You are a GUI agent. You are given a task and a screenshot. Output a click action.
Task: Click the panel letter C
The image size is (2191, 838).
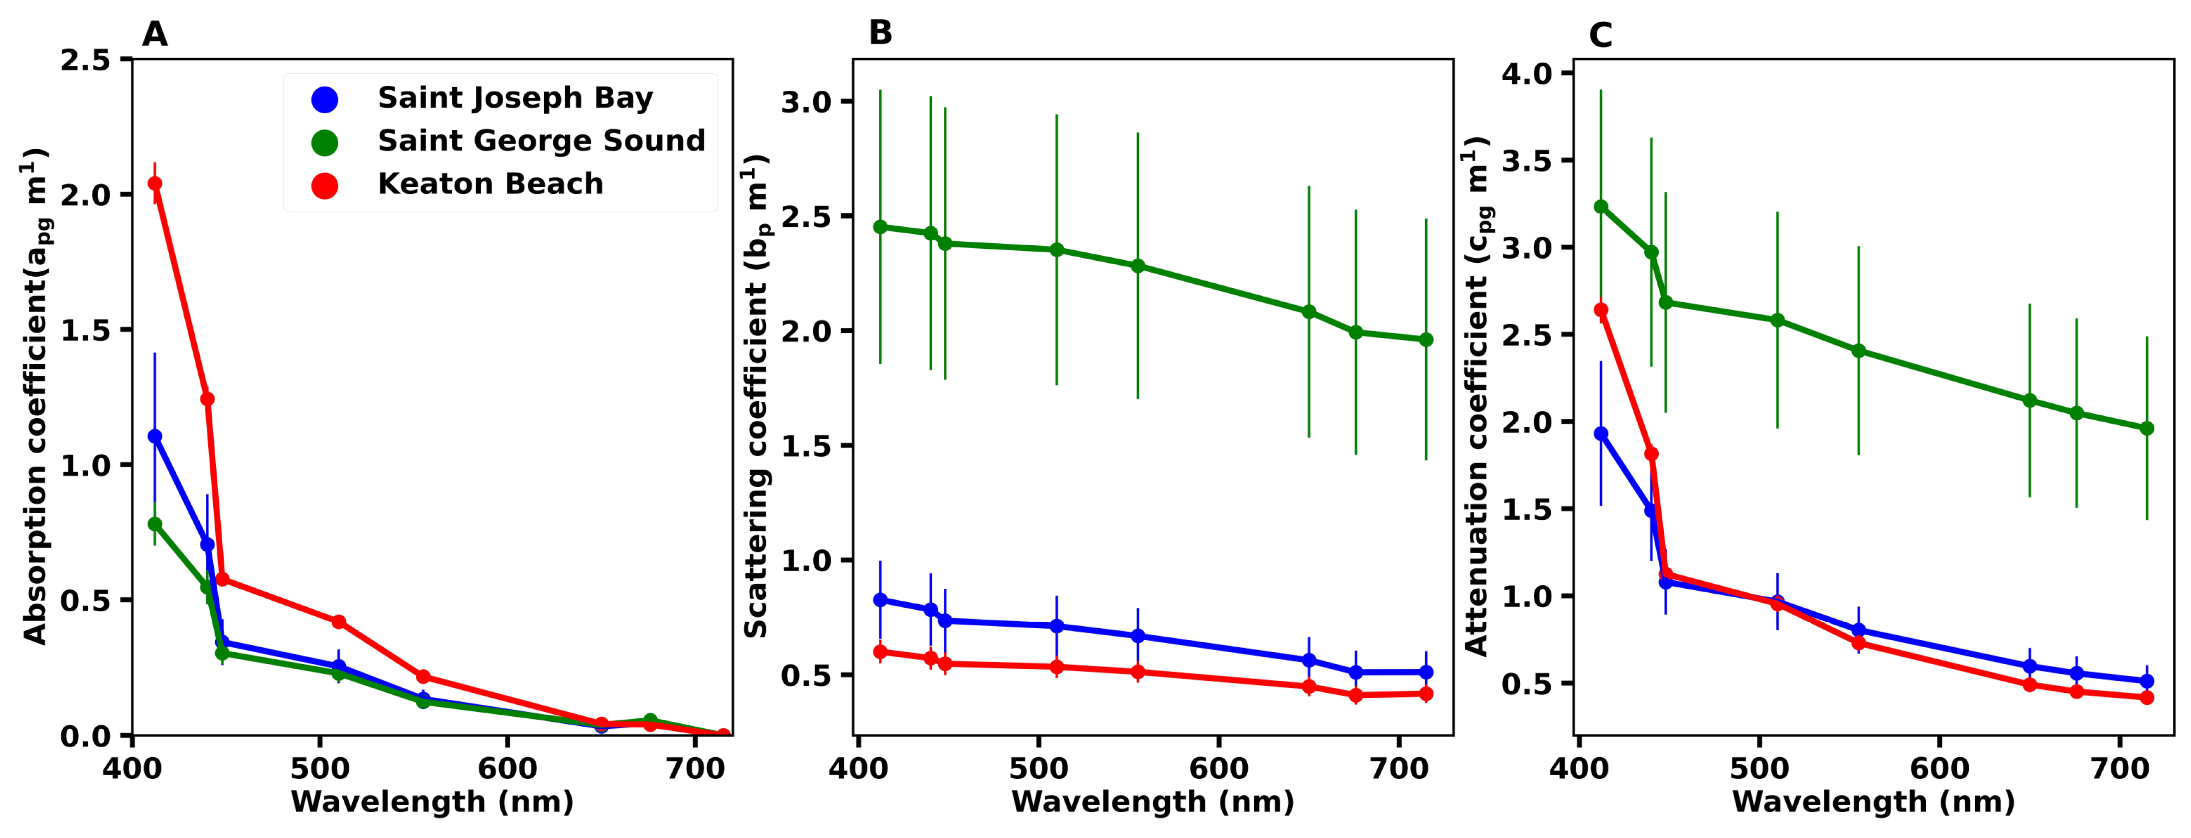(x=1600, y=35)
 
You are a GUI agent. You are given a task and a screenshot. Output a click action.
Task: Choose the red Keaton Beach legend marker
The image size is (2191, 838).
(x=324, y=185)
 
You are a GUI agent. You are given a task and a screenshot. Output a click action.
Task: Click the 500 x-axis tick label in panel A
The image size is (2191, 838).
(x=320, y=768)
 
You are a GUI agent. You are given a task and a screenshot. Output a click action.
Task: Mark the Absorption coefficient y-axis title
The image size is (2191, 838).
(x=36, y=396)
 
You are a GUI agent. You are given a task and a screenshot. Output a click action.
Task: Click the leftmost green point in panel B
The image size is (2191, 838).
(x=880, y=227)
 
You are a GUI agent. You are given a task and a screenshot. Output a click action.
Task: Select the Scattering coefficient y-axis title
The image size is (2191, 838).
(x=756, y=396)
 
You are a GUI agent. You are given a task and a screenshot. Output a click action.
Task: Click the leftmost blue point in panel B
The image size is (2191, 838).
(x=880, y=600)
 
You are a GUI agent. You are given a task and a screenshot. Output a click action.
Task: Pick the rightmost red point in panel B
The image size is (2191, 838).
(x=1426, y=693)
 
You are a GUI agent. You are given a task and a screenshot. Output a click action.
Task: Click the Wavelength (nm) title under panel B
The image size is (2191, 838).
(x=1153, y=802)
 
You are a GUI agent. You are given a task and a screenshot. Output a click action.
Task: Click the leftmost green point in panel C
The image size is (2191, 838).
(x=1601, y=207)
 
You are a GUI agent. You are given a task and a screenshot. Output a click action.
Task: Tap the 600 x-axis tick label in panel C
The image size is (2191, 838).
(x=1939, y=768)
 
